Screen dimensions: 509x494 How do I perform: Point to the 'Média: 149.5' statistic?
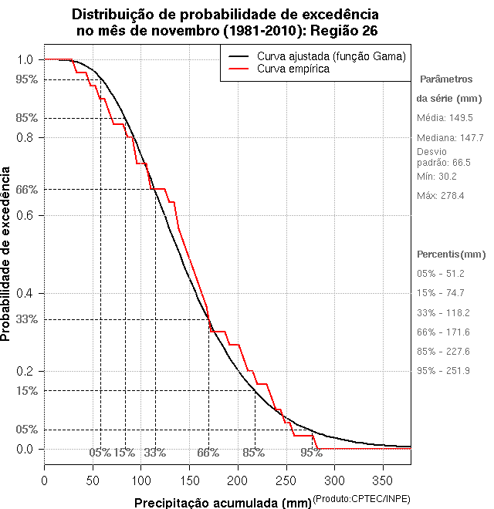[445, 118]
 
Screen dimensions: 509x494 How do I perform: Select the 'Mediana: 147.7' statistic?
[450, 137]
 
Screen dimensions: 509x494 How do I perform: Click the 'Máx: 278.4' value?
[440, 196]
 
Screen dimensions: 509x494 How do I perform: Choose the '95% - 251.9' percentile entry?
[443, 370]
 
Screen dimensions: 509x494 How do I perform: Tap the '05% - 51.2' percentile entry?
[442, 273]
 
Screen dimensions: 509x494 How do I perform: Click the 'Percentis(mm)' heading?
[452, 254]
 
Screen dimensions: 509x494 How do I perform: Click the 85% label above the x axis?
[254, 453]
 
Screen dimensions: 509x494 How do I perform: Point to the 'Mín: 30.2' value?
[437, 176]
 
